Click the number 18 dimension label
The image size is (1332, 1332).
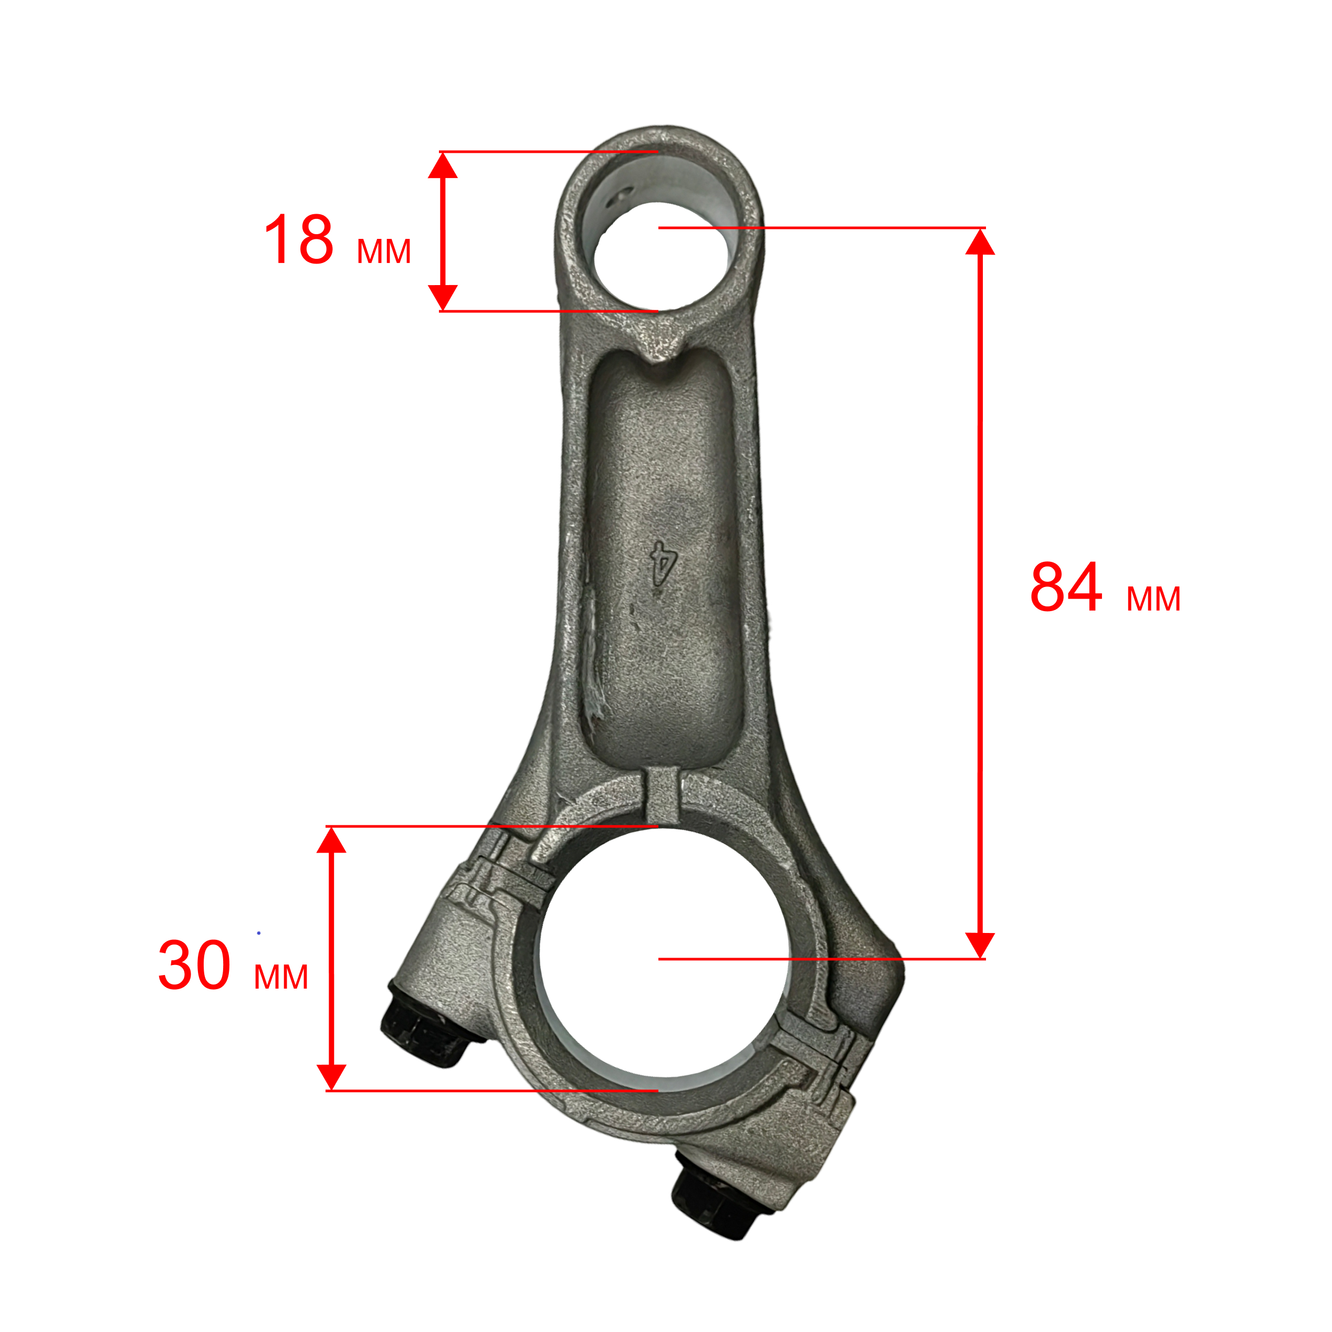coord(299,239)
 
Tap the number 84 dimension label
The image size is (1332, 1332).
coord(1066,586)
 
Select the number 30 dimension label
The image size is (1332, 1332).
coord(194,964)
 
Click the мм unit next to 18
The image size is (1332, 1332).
coord(384,251)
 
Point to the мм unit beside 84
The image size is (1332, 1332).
coord(1153,599)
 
